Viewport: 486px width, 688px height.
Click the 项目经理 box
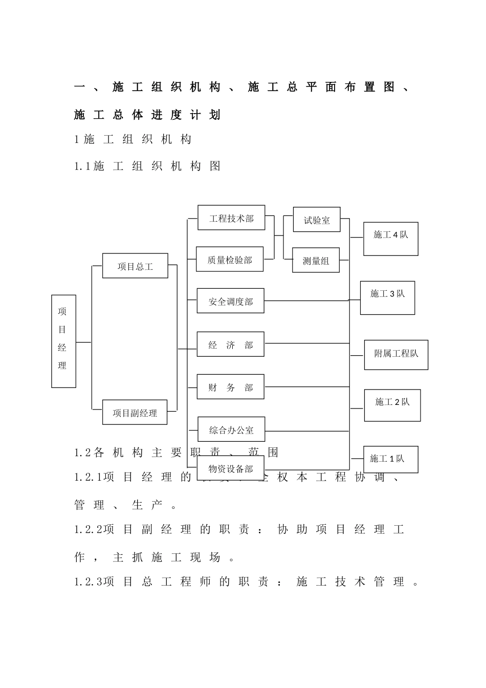click(63, 341)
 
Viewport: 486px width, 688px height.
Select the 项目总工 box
click(135, 266)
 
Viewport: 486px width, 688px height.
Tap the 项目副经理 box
click(135, 412)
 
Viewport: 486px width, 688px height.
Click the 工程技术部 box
click(231, 218)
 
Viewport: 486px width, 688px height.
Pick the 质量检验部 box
click(230, 260)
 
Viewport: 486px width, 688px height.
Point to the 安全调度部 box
click(230, 301)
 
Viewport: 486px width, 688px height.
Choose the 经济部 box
click(230, 345)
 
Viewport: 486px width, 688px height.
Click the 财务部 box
click(230, 387)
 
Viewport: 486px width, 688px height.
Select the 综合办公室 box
click(231, 429)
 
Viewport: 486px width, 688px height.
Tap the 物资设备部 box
click(231, 468)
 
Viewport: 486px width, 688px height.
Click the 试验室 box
click(316, 220)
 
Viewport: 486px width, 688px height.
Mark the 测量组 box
click(316, 260)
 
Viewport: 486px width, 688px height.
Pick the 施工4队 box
click(390, 239)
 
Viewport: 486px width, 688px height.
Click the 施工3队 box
click(387, 297)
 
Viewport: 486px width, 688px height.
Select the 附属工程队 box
click(396, 354)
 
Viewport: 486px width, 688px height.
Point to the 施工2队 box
click(392, 405)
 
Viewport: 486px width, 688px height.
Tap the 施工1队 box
click(390, 459)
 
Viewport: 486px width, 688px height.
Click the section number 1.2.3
click(88, 582)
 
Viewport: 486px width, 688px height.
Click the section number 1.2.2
click(88, 530)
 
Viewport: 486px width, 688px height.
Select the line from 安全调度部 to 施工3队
click(307, 300)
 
